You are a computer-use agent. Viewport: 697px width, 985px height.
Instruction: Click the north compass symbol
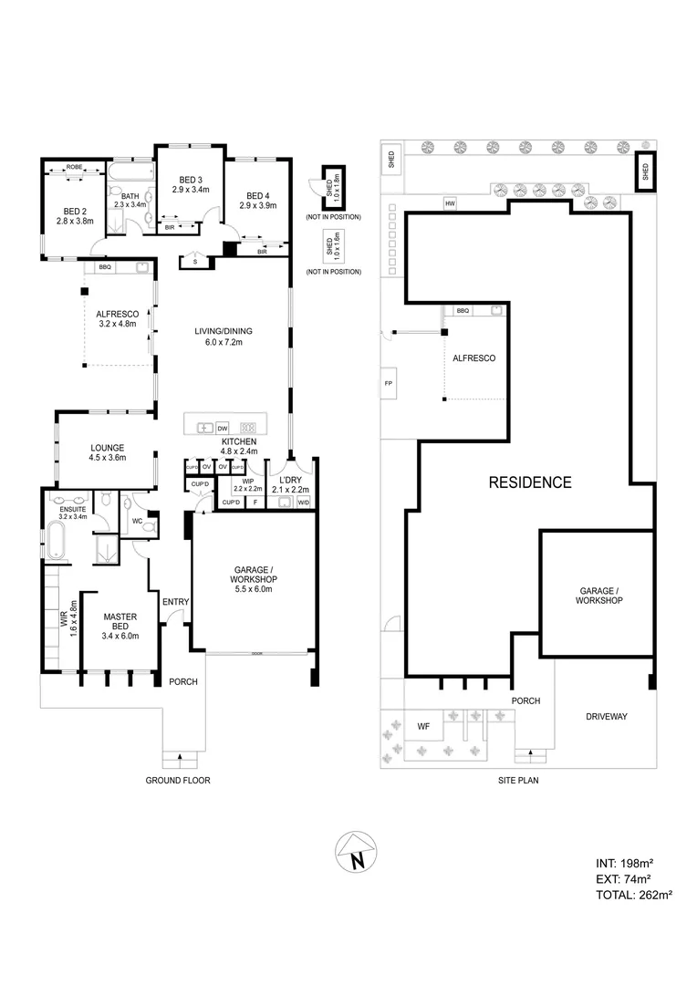pos(357,855)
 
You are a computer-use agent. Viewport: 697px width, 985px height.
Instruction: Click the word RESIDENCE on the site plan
pos(529,482)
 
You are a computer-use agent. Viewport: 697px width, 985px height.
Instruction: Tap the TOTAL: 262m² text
pos(632,896)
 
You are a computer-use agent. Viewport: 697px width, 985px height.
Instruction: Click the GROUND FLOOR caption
pos(179,781)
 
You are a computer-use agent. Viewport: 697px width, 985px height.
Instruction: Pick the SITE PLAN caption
pos(518,781)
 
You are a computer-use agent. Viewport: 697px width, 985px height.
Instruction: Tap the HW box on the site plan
pos(450,203)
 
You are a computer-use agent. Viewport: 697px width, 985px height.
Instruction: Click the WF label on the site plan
pos(423,726)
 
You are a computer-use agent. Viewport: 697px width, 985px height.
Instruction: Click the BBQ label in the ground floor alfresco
pos(105,267)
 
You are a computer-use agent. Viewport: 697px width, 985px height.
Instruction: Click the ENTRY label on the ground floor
pos(174,602)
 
